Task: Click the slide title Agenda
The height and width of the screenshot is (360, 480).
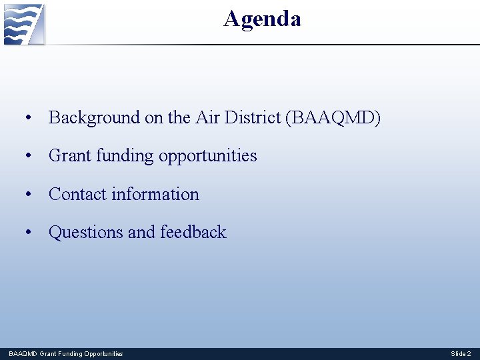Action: click(x=262, y=19)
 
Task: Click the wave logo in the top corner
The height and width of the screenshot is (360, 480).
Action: click(x=24, y=24)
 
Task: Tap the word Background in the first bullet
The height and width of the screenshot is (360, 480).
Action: click(x=95, y=118)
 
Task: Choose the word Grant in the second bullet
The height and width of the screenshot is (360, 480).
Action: click(x=70, y=156)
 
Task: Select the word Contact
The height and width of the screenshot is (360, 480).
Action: click(x=77, y=194)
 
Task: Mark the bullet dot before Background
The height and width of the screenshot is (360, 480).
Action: click(x=28, y=119)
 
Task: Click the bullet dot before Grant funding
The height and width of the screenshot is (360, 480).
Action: click(x=28, y=157)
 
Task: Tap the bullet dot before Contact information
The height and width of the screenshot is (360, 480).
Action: click(x=28, y=195)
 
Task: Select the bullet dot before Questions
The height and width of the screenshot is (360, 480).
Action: click(x=28, y=233)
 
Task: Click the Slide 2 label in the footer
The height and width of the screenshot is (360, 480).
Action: click(x=461, y=353)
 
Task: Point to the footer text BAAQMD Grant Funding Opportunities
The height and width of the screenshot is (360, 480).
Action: click(x=66, y=353)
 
